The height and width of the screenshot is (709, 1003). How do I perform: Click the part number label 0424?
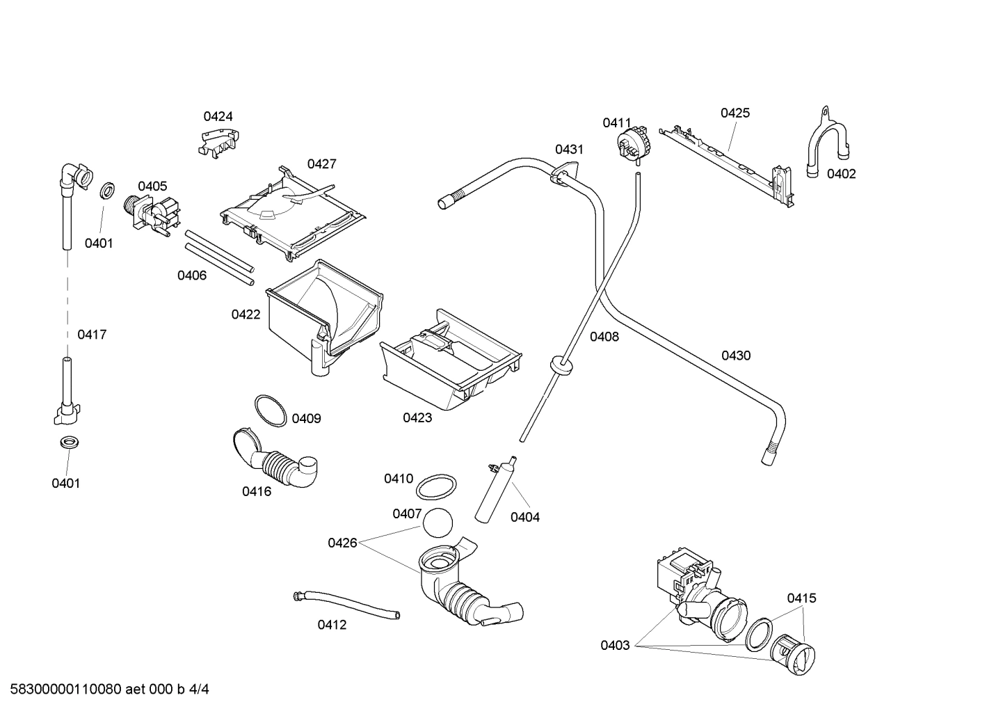[x=218, y=116]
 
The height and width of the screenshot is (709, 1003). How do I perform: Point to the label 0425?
[x=735, y=113]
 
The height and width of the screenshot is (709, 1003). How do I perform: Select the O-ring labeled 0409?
[x=270, y=411]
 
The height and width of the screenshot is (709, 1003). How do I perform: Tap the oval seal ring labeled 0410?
[x=437, y=487]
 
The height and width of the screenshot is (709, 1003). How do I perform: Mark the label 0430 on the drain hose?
[x=735, y=356]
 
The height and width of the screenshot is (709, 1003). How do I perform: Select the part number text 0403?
[x=615, y=645]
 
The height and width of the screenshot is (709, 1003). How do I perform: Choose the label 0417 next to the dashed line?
[x=92, y=335]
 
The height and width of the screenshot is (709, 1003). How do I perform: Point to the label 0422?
[x=246, y=314]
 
